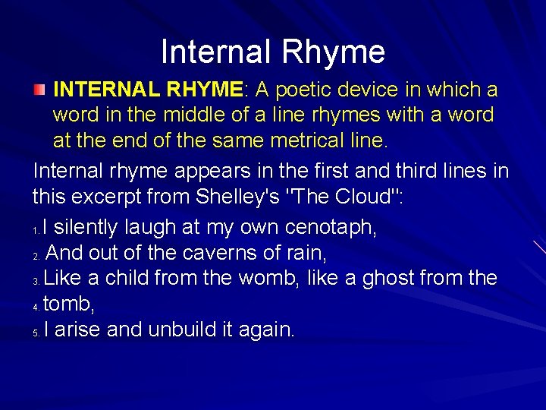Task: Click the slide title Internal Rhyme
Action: pos(273,52)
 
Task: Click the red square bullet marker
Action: pos(39,90)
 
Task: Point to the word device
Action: pos(377,90)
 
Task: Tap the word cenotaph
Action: pos(331,227)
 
